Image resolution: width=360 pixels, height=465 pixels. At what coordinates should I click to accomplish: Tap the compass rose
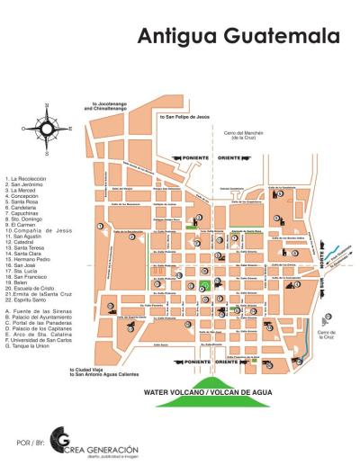pos(47,129)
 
